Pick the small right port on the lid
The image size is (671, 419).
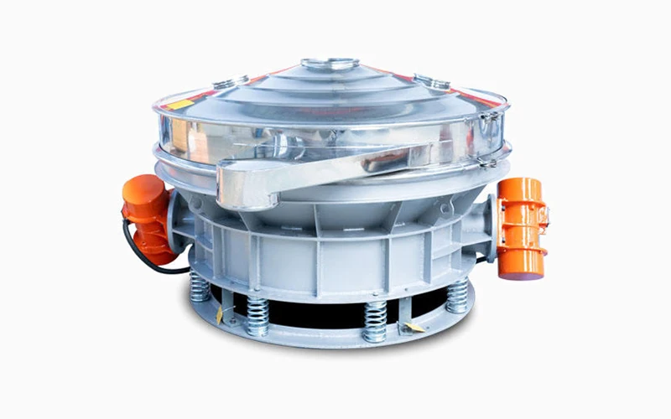coord(432,80)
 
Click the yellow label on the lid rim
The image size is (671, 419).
coord(179,104)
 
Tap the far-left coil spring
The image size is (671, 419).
coord(200,286)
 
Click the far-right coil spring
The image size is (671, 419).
coord(457,294)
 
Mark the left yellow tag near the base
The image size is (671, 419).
coord(220,314)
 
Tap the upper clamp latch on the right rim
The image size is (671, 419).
coord(488,126)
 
